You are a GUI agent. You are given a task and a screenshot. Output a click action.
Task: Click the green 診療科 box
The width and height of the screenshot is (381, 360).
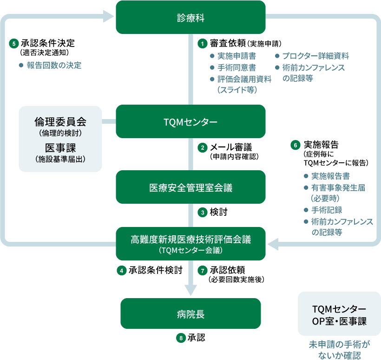tap(190, 17)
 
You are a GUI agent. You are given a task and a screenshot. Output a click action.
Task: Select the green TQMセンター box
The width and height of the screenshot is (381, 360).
tap(190, 121)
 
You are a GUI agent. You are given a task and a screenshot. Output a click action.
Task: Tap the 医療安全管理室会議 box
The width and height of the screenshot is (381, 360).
tap(190, 187)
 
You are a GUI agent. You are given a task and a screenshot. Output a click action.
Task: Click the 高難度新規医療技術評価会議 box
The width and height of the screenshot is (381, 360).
tap(190, 243)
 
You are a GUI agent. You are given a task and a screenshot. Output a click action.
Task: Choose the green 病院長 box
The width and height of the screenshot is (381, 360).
tap(190, 314)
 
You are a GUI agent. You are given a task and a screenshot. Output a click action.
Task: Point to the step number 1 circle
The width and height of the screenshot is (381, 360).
tap(202, 43)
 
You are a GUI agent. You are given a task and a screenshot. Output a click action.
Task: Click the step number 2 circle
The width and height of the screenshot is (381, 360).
tap(202, 148)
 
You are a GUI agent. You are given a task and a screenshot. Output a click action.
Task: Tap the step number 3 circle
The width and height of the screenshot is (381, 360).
tap(202, 213)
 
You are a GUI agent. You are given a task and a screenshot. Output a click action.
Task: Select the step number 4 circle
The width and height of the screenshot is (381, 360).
tap(122, 270)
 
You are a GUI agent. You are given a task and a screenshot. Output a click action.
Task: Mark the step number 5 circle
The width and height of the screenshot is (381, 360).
tap(14, 44)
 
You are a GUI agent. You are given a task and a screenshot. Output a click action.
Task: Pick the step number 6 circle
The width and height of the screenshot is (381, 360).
tap(295, 145)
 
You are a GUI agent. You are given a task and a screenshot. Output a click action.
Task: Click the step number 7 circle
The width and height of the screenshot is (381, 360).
tap(202, 270)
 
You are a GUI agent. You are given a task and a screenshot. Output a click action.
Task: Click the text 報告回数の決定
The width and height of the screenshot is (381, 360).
tap(54, 66)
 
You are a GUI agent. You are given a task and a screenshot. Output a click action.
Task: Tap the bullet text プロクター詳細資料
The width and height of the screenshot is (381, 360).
tap(315, 56)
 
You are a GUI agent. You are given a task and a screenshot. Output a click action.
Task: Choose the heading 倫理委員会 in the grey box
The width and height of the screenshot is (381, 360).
tap(60, 122)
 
